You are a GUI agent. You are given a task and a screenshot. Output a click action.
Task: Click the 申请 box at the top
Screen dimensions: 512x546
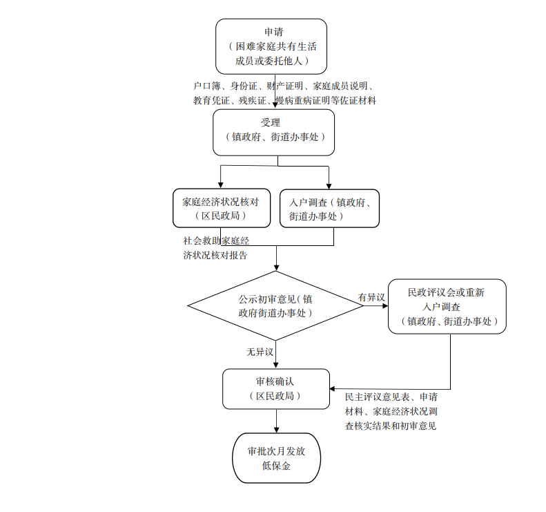pyautogui.click(x=271, y=46)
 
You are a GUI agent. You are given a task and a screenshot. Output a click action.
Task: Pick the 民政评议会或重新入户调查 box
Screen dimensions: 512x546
pyautogui.click(x=447, y=306)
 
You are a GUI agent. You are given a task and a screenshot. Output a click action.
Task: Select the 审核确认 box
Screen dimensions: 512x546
pyautogui.click(x=276, y=388)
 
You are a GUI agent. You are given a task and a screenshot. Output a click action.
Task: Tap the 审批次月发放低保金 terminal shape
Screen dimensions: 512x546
pyautogui.click(x=276, y=458)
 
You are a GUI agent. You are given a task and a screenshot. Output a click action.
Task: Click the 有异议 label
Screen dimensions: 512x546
pyautogui.click(x=371, y=297)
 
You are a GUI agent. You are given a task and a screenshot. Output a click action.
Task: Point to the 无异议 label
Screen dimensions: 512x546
pyautogui.click(x=260, y=352)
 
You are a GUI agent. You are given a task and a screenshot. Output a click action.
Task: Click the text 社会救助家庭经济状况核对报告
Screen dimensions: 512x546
pyautogui.click(x=216, y=248)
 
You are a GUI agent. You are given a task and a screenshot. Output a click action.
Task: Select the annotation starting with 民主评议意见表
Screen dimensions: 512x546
pyautogui.click(x=391, y=411)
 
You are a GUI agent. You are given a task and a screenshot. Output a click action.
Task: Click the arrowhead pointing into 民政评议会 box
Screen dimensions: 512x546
pyautogui.click(x=384, y=306)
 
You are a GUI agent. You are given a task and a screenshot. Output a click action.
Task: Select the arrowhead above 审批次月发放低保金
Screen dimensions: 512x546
pyautogui.click(x=276, y=429)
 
